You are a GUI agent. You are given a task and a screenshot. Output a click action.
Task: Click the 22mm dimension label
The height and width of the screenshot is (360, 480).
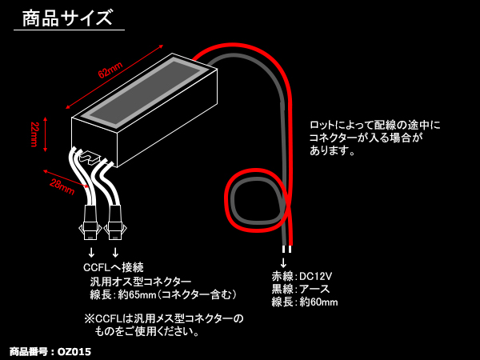(34, 134)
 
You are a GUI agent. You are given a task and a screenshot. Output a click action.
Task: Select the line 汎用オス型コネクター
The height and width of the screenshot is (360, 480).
(141, 282)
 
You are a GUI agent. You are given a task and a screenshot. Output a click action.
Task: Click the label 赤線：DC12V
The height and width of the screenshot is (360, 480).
(302, 276)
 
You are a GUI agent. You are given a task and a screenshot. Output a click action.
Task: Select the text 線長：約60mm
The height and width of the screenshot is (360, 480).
(304, 302)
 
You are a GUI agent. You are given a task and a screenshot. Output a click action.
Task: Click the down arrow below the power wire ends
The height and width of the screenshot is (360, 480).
(283, 262)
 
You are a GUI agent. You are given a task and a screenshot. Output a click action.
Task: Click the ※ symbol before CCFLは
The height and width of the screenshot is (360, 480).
(89, 318)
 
